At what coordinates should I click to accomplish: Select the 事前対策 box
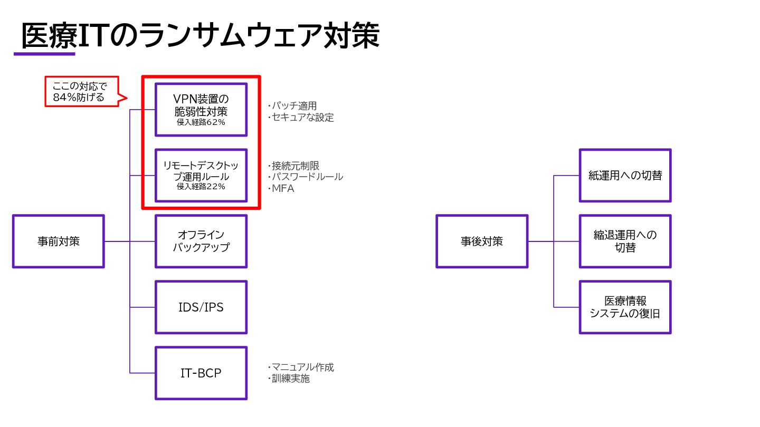[59, 241]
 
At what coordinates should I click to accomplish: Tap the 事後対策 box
[482, 241]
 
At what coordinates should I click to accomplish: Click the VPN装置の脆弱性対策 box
[201, 105]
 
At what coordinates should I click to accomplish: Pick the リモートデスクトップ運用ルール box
[201, 171]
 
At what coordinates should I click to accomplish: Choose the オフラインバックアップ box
[201, 241]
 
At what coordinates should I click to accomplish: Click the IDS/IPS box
[201, 307]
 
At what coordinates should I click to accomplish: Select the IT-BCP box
[201, 373]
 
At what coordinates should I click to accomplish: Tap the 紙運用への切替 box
[625, 176]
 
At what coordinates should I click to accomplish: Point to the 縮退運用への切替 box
[625, 241]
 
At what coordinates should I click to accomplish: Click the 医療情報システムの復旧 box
[625, 307]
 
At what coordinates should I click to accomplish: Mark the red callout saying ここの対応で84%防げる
[82, 92]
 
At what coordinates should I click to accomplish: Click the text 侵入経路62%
[201, 122]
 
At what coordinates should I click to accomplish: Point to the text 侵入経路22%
[201, 187]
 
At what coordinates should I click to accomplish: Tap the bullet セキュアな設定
[301, 118]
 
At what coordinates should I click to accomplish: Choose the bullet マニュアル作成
[301, 367]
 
